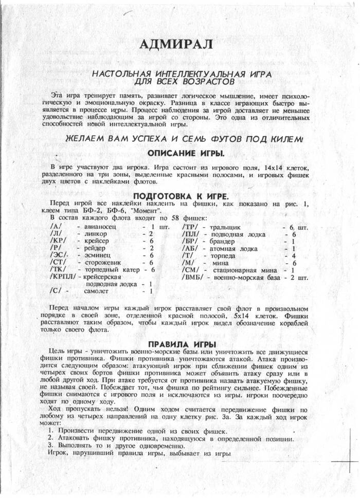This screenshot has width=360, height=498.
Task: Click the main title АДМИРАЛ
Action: coord(175,45)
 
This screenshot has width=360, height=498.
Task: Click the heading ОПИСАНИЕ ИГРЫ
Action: coord(186,153)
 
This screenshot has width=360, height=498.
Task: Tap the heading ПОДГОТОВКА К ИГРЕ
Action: coord(181,196)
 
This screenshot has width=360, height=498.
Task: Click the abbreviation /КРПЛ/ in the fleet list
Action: coord(63,276)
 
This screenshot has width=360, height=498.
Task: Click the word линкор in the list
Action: coord(95,234)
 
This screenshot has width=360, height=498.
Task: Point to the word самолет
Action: coord(97,291)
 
